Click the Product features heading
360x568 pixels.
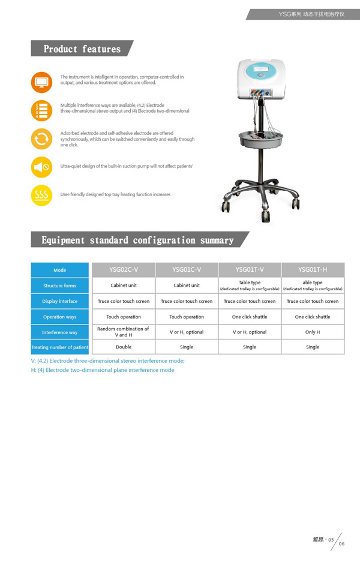point(82,49)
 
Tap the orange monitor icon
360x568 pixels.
point(41,81)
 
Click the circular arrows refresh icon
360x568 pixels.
point(41,139)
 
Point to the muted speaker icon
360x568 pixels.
point(41,167)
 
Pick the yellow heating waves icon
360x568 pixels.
point(41,195)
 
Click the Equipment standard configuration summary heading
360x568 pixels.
point(137,240)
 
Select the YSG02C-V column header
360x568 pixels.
point(123,270)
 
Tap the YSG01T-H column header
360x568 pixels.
point(313,270)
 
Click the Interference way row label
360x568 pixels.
point(59,332)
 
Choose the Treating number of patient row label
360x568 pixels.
point(59,347)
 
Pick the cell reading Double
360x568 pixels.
point(123,347)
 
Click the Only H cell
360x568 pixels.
point(313,332)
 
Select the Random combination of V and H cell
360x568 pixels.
point(123,332)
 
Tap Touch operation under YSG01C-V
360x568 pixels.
point(187,317)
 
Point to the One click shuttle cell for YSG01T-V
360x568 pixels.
point(250,317)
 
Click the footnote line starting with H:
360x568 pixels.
point(103,370)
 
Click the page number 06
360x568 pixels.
point(341,544)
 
